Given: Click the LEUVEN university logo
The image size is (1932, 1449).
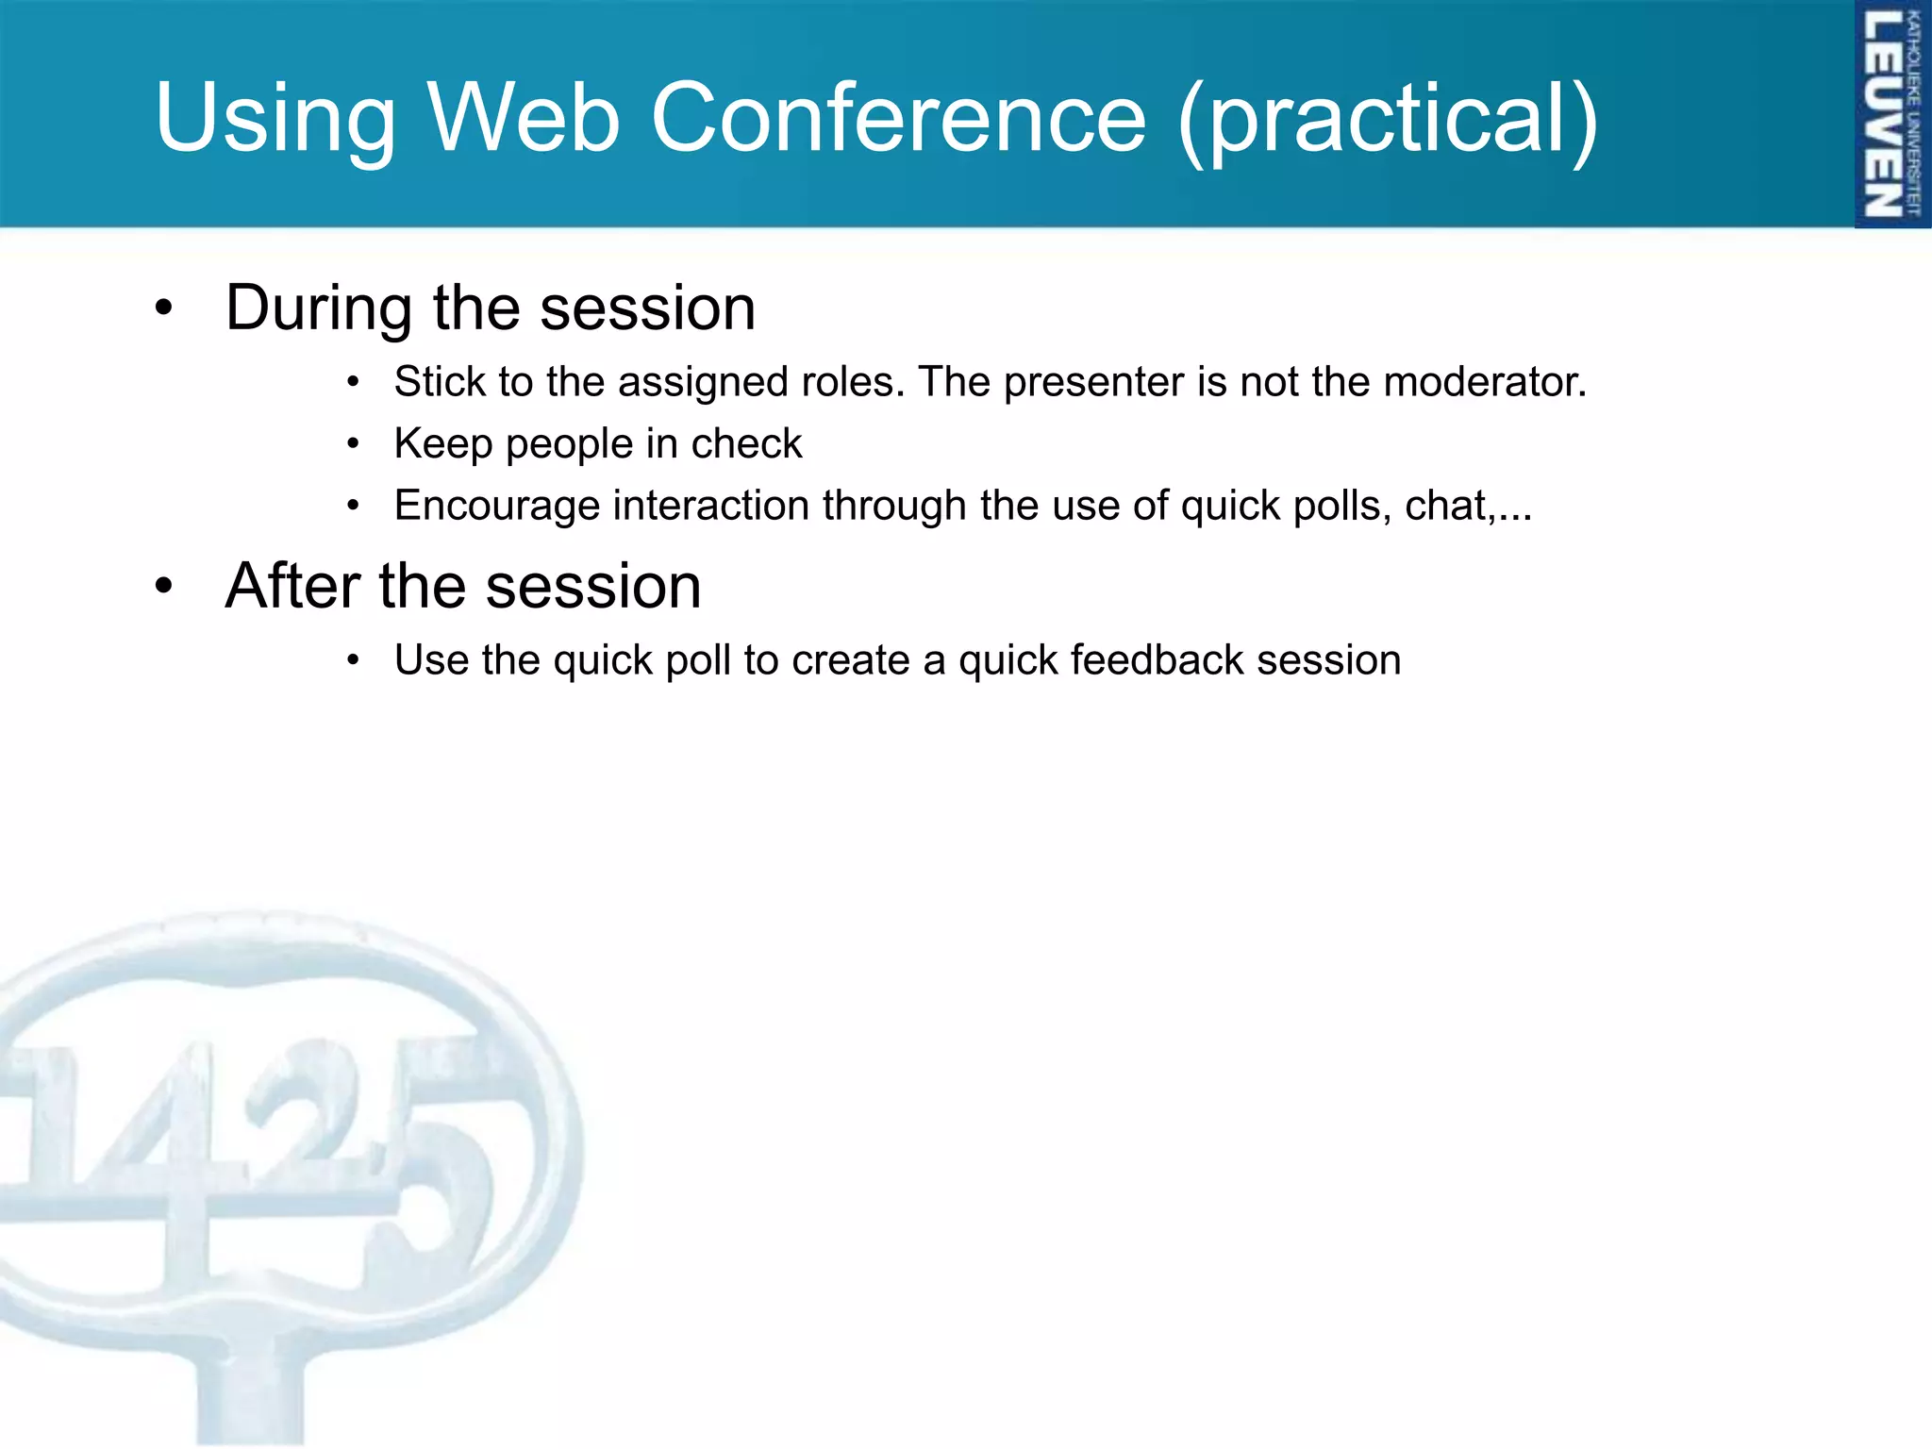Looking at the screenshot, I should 1890,114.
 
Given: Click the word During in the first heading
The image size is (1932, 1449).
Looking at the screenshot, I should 319,308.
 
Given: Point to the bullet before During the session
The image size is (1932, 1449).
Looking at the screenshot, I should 164,308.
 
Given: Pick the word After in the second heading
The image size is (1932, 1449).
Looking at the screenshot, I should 292,586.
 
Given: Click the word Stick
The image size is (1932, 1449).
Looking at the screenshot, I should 440,382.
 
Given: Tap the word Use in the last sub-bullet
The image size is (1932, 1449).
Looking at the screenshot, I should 431,659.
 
